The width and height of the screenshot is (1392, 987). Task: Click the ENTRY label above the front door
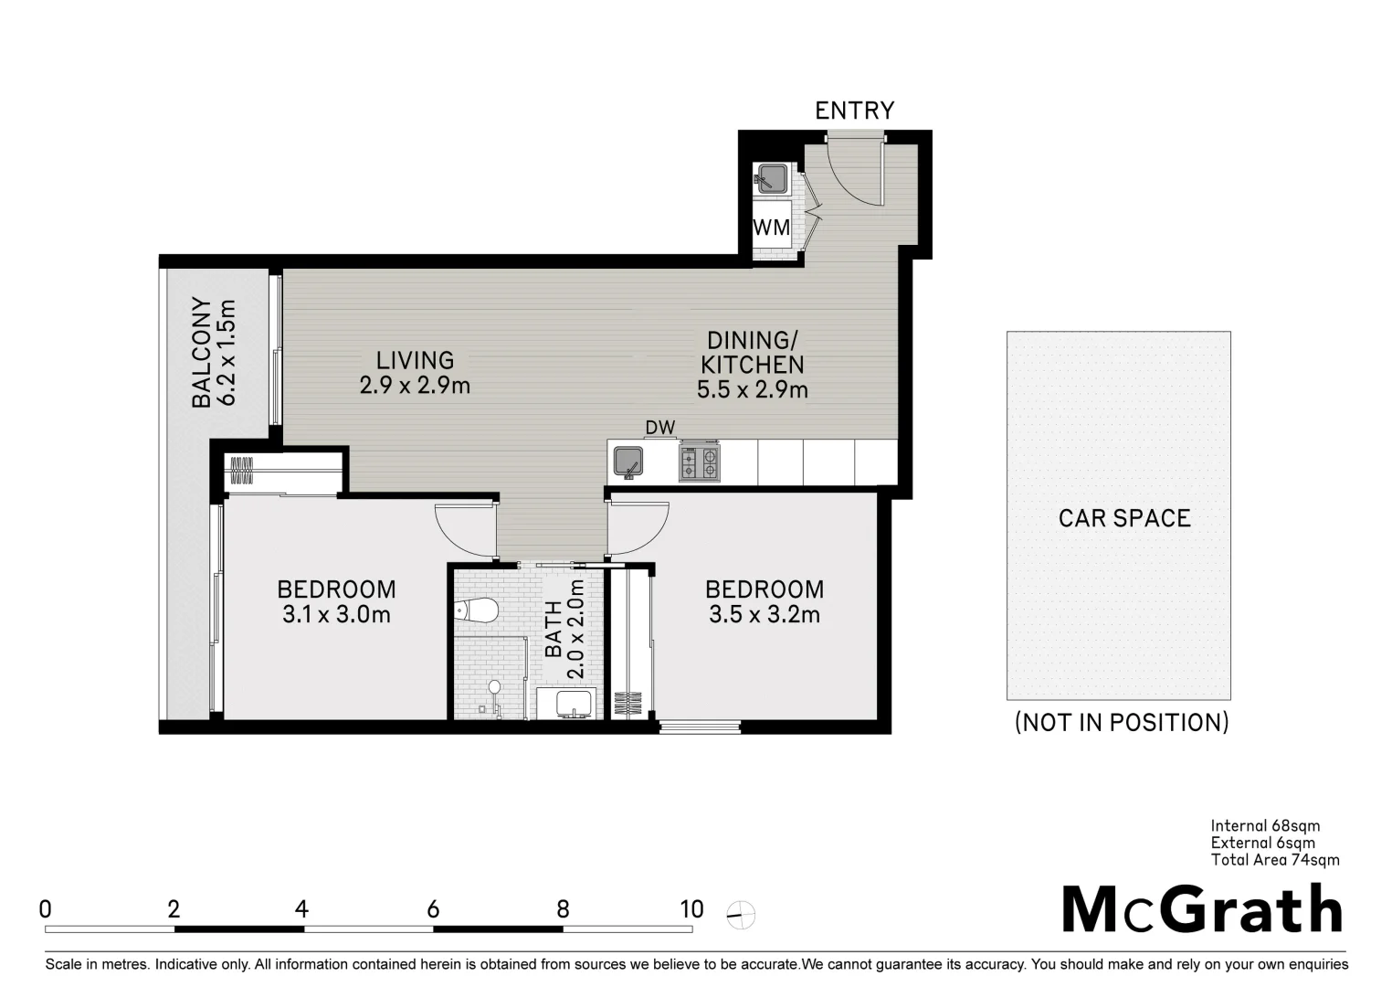[854, 111]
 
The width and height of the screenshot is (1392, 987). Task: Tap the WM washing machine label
[772, 228]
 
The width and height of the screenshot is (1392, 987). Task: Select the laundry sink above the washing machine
[772, 177]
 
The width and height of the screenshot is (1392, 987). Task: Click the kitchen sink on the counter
[628, 462]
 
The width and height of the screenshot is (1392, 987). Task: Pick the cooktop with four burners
[699, 462]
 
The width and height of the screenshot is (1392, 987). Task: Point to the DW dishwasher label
[659, 428]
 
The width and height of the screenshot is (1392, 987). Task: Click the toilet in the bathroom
[476, 609]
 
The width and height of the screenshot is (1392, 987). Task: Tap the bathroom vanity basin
[566, 704]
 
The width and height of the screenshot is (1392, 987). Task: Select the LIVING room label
[415, 361]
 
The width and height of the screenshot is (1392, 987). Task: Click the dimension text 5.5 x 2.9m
[752, 390]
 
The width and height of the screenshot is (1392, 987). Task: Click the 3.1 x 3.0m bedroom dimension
[336, 615]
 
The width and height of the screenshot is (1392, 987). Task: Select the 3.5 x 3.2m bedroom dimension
[764, 615]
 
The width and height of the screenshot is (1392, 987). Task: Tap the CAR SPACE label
[1123, 518]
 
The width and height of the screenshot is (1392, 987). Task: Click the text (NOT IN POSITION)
[1122, 723]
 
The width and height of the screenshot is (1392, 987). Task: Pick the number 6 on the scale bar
[433, 909]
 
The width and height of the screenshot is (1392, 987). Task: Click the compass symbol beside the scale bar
[742, 914]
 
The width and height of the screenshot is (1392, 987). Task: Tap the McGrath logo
[1201, 909]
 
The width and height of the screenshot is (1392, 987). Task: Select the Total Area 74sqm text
[1274, 860]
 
